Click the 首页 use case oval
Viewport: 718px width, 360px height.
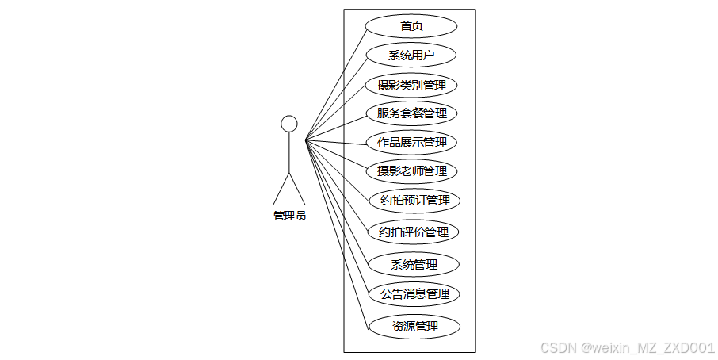411,26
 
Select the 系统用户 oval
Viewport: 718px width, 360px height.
411,56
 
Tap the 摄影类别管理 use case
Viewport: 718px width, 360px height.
411,85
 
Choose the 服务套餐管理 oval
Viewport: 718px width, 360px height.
411,113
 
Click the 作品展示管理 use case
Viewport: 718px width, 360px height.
411,143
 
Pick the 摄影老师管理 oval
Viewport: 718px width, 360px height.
411,170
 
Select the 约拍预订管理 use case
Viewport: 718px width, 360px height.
414,201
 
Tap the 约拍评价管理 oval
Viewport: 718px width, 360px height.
414,232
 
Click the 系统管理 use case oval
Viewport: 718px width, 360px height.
414,264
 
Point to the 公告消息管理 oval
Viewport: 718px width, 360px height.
414,294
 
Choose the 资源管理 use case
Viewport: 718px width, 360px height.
414,326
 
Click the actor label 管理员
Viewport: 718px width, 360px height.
289,216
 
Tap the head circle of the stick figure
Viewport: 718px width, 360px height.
289,124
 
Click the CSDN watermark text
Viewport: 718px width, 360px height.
627,348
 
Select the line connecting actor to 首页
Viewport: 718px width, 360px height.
335,83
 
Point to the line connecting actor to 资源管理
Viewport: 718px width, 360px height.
337,233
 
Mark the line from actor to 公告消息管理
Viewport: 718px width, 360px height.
338,218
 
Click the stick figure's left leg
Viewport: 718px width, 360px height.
281,189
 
